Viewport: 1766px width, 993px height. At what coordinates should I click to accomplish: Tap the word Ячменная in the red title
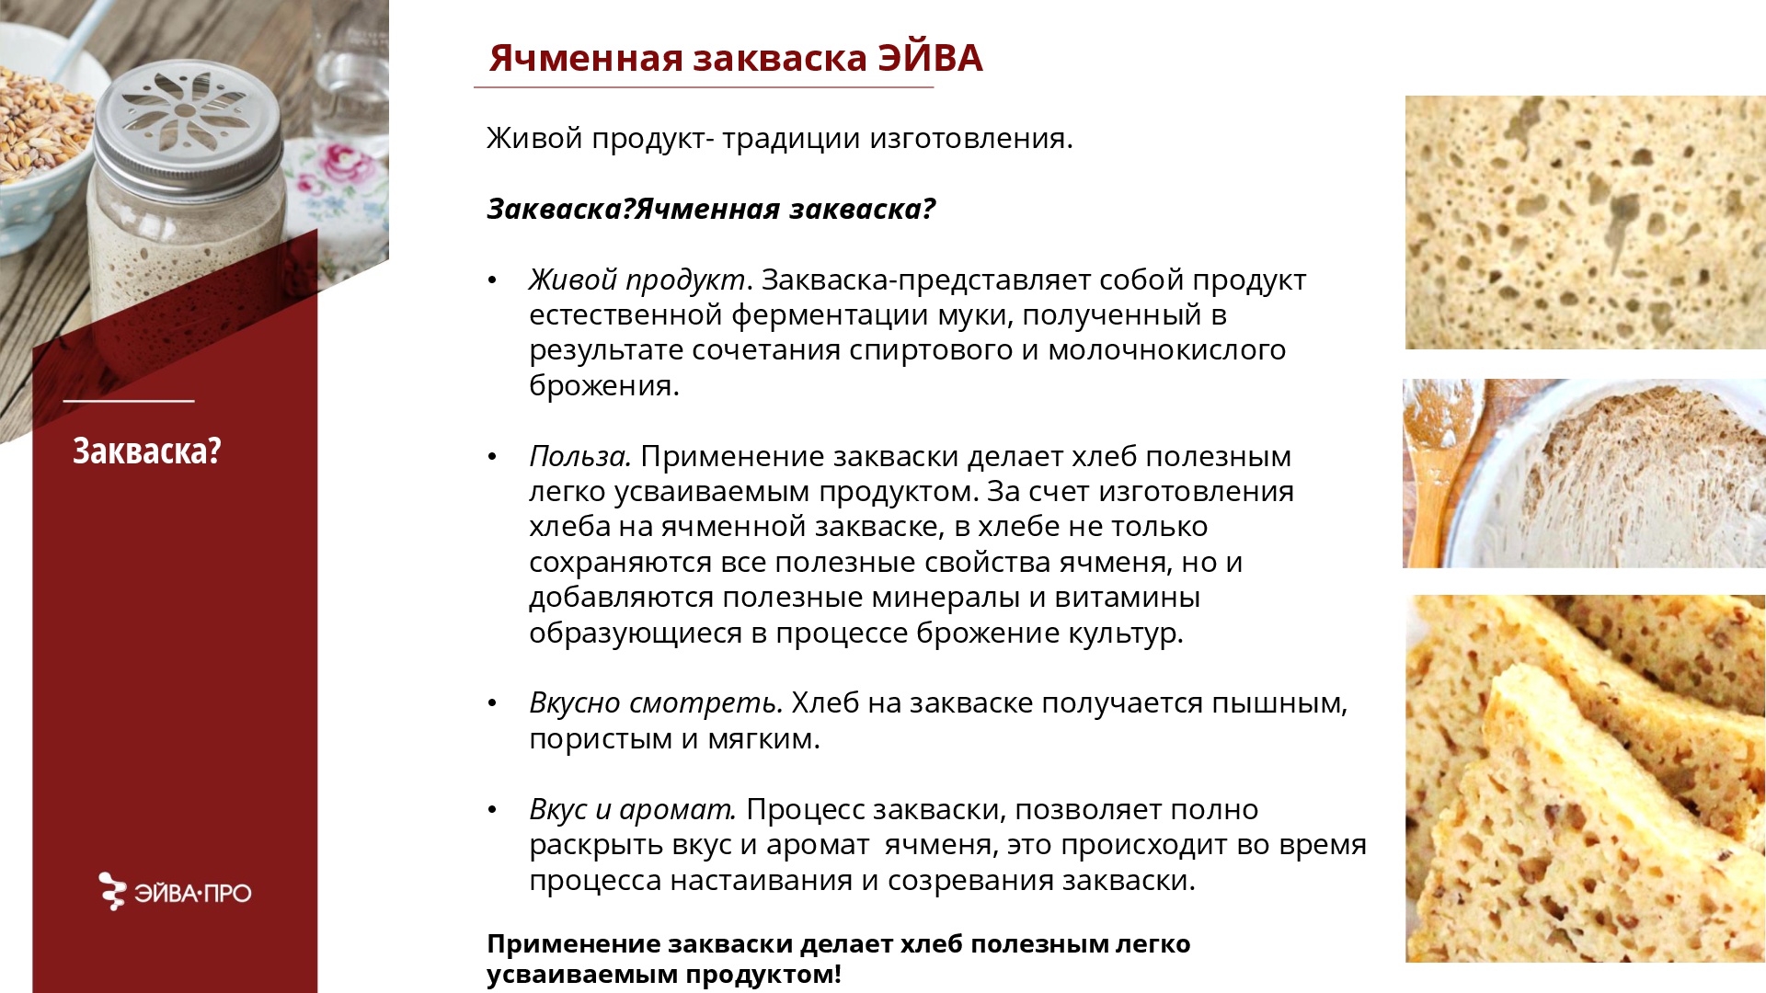click(586, 58)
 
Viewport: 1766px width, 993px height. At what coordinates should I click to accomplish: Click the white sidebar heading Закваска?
click(147, 451)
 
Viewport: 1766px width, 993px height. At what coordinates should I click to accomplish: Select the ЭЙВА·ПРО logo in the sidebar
click(175, 892)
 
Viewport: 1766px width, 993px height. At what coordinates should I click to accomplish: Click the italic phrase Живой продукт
click(636, 280)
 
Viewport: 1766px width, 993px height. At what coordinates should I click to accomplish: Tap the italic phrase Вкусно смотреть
click(656, 702)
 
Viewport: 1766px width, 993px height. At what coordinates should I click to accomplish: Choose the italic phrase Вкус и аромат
click(633, 809)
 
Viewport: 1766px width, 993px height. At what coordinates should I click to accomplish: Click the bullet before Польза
click(493, 456)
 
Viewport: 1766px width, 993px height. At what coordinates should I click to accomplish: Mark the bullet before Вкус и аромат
click(493, 810)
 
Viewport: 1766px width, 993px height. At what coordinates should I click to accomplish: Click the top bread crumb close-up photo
click(1585, 222)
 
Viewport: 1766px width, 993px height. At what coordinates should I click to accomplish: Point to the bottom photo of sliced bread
click(1585, 778)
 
